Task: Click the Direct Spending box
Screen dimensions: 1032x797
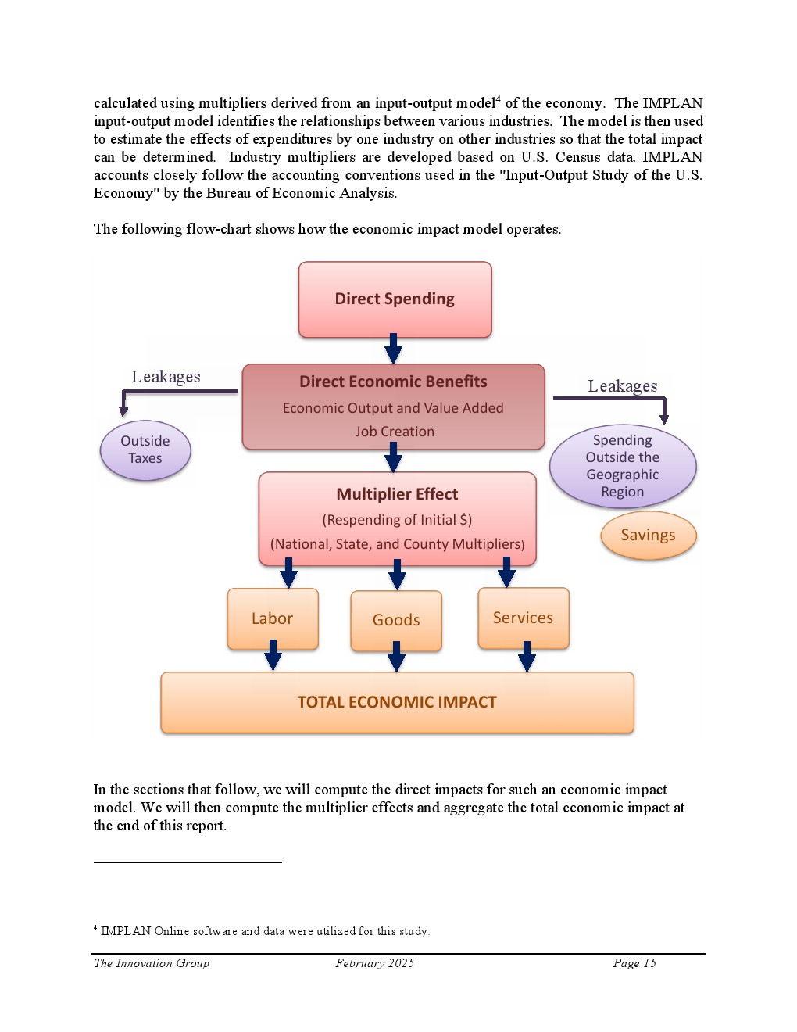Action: click(395, 299)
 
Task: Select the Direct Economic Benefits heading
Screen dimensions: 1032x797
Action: click(393, 382)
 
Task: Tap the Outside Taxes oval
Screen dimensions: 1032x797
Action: click(145, 450)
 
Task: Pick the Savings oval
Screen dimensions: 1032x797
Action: click(648, 536)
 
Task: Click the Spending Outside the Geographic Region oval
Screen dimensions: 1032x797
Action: click(623, 466)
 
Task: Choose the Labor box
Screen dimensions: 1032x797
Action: click(272, 618)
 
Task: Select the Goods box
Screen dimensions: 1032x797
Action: click(396, 621)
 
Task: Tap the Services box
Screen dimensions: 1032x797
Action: click(523, 618)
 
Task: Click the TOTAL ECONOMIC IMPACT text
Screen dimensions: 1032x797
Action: click(397, 702)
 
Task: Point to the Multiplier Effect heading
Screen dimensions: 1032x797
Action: click(397, 494)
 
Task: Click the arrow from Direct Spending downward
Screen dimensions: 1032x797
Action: click(394, 349)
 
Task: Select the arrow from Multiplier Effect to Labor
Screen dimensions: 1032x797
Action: click(288, 573)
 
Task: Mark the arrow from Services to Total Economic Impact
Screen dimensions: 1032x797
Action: click(527, 657)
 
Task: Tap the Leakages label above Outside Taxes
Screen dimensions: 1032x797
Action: click(166, 377)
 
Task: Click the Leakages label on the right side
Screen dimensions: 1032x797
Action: click(623, 386)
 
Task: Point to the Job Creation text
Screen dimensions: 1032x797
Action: click(395, 432)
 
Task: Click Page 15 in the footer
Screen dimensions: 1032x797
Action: click(634, 963)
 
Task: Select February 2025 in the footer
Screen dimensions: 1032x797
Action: click(375, 963)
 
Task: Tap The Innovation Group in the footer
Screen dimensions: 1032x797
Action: click(152, 963)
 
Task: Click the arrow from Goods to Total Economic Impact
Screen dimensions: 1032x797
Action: click(397, 657)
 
